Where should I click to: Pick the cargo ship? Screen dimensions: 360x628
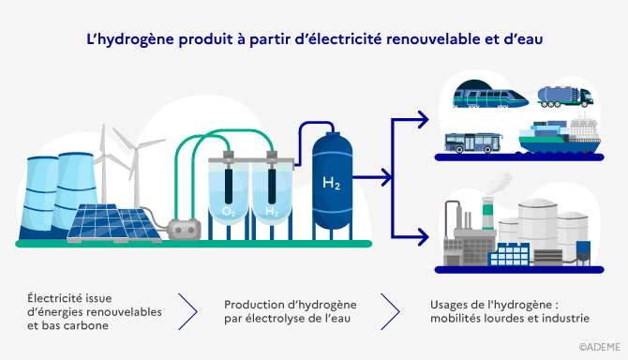pos(559,137)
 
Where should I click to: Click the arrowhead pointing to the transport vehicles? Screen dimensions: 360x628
pos(423,119)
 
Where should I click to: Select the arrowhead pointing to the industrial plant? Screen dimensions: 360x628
pos(423,237)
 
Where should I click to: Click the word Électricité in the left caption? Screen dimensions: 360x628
pos(59,298)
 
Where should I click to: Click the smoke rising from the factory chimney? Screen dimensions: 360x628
pos(499,182)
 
